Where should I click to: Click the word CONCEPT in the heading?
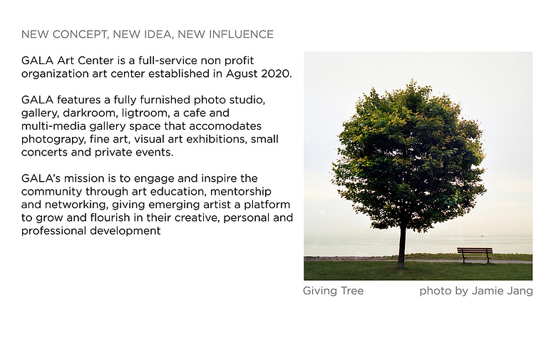coord(81,34)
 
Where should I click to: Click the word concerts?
coord(44,153)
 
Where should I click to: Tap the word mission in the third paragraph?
coord(84,178)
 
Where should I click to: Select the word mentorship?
coord(241,192)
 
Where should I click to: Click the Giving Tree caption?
coord(334,292)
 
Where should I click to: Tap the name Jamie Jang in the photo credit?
coord(503,292)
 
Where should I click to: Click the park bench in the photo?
coord(475,254)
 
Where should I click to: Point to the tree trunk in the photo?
coord(402,246)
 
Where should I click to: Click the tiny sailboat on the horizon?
coord(483,235)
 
